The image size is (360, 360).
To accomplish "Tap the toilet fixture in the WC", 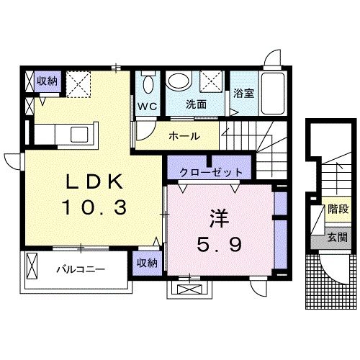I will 148,83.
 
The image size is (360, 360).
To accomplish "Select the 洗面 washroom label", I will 196,104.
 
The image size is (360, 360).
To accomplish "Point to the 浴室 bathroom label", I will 243,93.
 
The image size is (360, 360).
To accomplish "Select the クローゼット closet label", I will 206,173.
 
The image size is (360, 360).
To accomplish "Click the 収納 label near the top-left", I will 47,81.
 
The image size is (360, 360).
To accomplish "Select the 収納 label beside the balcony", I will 147,264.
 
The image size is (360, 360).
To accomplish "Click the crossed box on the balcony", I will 33,268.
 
